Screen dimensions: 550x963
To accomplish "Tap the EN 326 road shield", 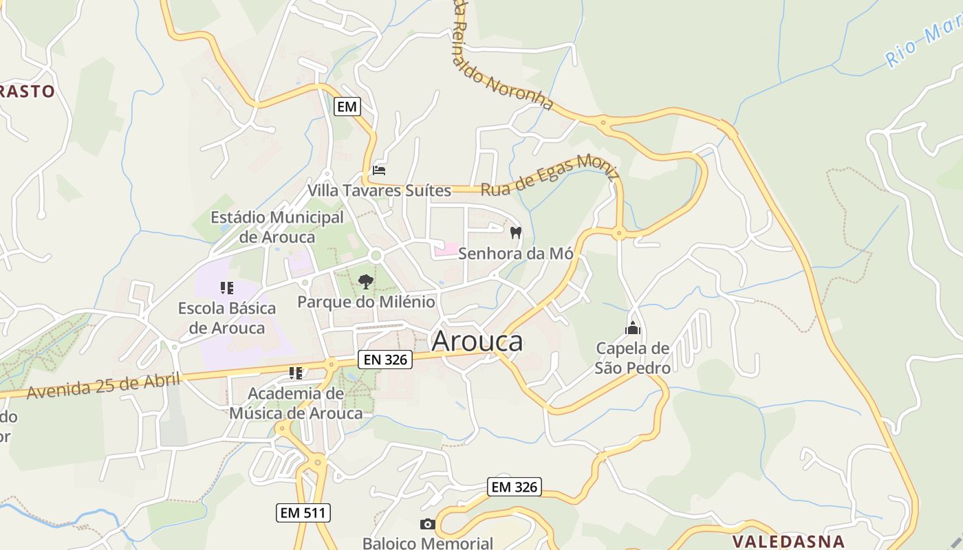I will [x=385, y=359].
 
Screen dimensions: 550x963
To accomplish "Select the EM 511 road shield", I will [x=303, y=512].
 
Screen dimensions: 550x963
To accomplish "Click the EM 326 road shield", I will [x=515, y=487].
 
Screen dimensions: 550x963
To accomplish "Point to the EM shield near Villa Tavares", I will [x=347, y=107].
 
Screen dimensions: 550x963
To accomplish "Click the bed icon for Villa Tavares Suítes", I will [x=379, y=170].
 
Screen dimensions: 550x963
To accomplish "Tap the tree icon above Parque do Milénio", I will [x=366, y=281].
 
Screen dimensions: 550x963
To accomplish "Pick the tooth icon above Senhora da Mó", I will [x=515, y=233].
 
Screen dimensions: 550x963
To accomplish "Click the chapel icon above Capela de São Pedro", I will [x=632, y=328].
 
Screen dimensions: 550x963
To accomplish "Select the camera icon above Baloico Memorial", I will [x=427, y=524].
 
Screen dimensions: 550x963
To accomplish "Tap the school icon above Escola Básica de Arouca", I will [x=226, y=287].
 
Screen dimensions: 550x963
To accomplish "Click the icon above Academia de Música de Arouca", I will [x=295, y=373].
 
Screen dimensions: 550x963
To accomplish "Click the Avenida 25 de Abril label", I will [x=103, y=386].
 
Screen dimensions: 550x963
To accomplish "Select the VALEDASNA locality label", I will [x=788, y=541].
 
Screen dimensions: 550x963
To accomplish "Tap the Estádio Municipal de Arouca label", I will [x=277, y=227].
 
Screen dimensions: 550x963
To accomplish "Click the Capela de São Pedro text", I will [x=633, y=358].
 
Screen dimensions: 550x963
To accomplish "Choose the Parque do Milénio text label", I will [x=366, y=302].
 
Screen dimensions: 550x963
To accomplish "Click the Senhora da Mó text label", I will [x=515, y=253].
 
